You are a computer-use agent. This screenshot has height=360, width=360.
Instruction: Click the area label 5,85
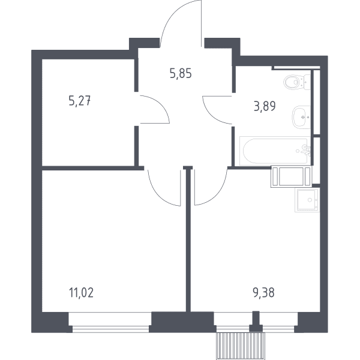tap(181, 74)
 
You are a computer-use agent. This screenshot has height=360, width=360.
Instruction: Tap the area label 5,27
tap(80, 101)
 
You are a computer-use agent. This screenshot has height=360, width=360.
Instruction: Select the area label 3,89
tap(265, 107)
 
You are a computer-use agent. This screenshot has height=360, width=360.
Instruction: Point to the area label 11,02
tap(81, 293)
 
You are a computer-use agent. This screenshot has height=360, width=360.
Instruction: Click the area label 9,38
tap(263, 293)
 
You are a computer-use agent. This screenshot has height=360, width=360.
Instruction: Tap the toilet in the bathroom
tap(297, 82)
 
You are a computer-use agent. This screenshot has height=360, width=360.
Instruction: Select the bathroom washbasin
tap(301, 117)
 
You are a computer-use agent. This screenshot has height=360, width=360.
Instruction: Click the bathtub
tap(275, 151)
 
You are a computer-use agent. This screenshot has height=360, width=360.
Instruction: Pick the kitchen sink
tap(307, 200)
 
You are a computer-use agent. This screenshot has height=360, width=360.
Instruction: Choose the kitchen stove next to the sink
tap(292, 176)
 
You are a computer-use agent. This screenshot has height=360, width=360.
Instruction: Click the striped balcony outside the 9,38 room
tap(241, 346)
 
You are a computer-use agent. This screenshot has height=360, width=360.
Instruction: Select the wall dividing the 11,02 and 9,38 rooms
tap(188, 239)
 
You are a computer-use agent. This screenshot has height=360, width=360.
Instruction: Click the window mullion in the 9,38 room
tap(256, 321)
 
